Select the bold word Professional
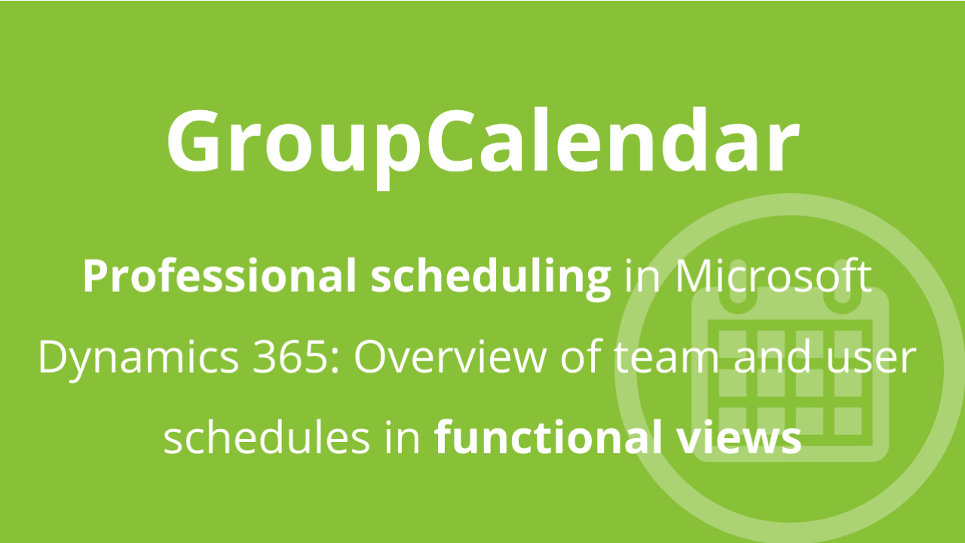(219, 276)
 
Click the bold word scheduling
(491, 278)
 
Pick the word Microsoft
(774, 276)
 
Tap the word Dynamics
(138, 358)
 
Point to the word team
(666, 358)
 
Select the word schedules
(267, 437)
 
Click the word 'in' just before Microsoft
(642, 277)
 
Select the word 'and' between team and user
(772, 357)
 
